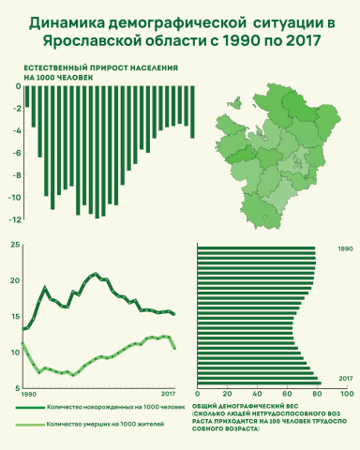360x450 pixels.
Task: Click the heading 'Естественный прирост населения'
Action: click(x=95, y=68)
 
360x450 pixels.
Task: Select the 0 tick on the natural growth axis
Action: click(x=17, y=86)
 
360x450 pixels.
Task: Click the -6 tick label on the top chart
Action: click(x=15, y=153)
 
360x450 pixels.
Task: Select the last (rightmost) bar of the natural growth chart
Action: click(x=192, y=112)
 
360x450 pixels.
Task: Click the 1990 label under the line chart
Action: click(x=29, y=394)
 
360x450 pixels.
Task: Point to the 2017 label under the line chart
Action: click(x=169, y=394)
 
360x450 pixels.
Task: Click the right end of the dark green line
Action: click(x=174, y=315)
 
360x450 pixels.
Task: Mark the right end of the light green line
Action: click(x=174, y=348)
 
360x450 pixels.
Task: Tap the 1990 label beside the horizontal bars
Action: click(x=345, y=249)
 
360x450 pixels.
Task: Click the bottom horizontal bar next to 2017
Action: click(x=259, y=382)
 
